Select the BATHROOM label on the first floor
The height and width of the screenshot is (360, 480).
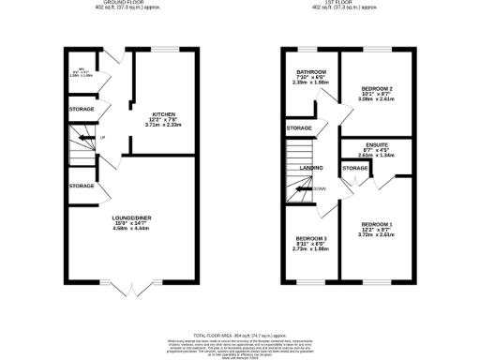(311, 72)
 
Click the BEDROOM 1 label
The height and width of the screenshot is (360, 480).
(377, 223)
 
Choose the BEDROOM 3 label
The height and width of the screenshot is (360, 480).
(310, 239)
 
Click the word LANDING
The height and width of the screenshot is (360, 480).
(310, 169)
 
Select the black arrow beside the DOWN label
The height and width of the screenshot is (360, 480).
(303, 188)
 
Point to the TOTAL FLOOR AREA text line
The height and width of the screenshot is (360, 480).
(239, 334)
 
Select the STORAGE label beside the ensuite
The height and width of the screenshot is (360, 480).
(355, 168)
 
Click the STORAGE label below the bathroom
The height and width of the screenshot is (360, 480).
(299, 127)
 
